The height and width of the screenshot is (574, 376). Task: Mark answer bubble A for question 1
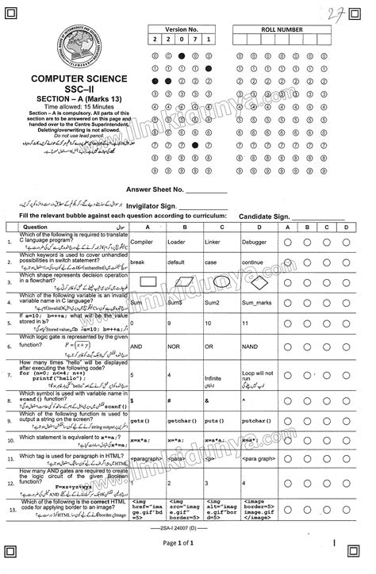(286, 240)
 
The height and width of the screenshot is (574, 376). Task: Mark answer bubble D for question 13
(347, 526)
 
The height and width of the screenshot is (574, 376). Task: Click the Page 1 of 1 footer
(188, 564)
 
